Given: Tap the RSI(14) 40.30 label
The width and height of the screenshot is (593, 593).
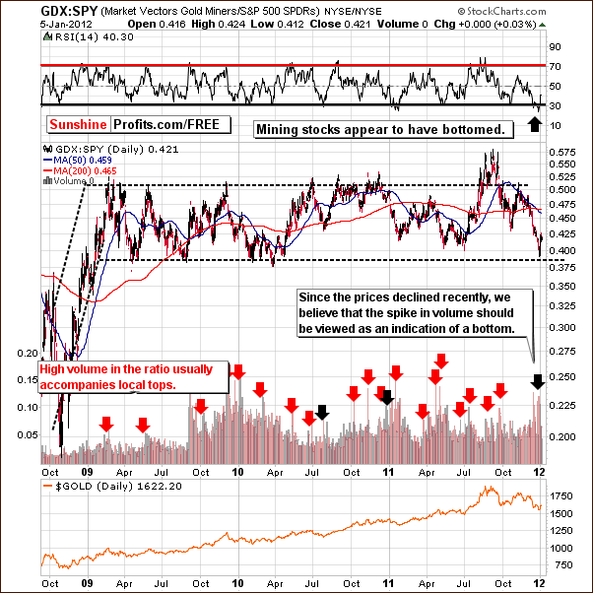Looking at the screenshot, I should pos(76,38).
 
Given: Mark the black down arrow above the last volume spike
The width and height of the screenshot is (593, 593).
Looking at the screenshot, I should pos(537,381).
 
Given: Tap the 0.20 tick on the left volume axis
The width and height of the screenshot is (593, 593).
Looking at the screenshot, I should pos(28,352).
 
